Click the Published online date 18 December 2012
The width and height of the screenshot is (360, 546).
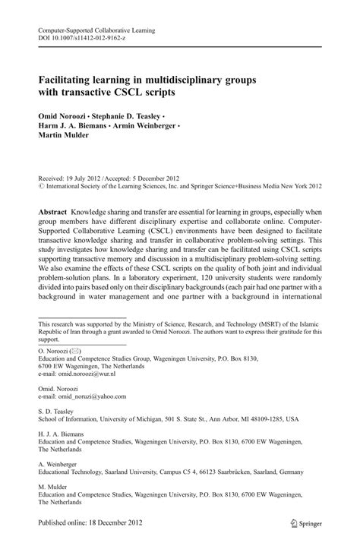[x=111, y=523]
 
